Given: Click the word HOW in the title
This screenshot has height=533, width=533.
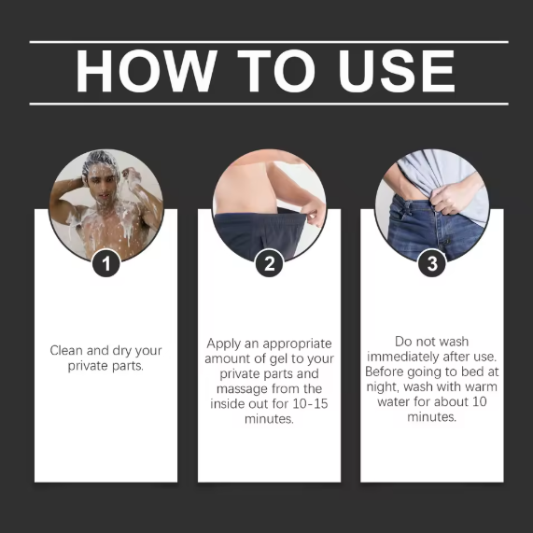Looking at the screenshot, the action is coord(147,71).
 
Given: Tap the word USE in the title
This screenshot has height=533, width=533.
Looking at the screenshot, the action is coord(397,71).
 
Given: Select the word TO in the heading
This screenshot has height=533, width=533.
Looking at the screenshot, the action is coord(276,71).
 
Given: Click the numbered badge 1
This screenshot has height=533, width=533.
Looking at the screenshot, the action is coord(106,263).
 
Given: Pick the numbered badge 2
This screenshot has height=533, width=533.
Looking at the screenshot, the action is coord(269,263).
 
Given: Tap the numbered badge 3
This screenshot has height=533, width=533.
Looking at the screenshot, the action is coord(432,263).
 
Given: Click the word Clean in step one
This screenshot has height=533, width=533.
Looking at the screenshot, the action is coord(66,350).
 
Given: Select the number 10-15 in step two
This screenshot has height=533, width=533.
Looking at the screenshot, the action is coord(310,404).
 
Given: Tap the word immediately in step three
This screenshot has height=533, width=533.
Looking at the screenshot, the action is coord(405,358).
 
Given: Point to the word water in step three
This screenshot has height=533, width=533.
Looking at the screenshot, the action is coord(393,401).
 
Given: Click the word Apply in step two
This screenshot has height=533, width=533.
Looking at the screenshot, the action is coord(224,344).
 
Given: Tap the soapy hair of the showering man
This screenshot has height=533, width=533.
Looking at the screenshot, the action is coord(100,161).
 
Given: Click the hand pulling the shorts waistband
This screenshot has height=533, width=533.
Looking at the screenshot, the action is coord(315,212).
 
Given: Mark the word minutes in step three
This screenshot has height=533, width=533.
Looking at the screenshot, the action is coord(431,416).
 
